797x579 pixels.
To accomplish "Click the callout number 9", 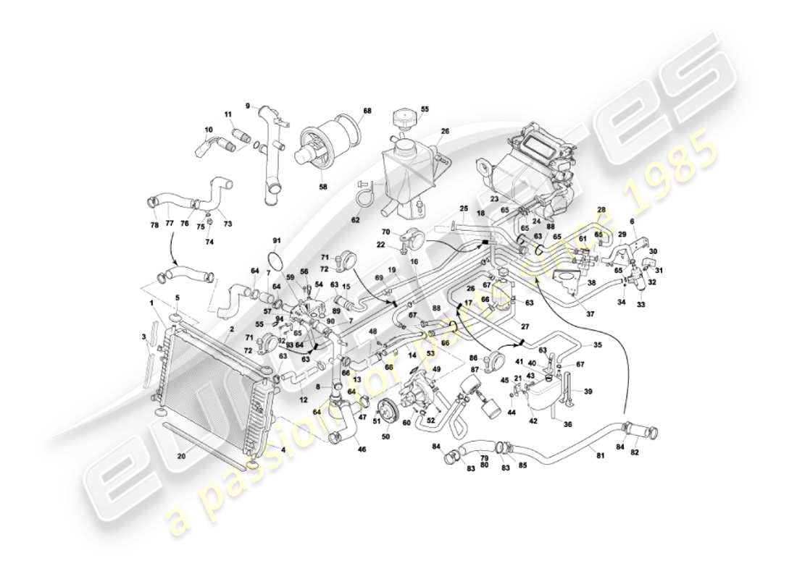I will (247, 106).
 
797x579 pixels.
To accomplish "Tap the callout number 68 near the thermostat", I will (367, 111).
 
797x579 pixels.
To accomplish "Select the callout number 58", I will (323, 186).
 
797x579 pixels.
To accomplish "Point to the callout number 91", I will (276, 240).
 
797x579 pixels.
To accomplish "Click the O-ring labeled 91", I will (275, 259).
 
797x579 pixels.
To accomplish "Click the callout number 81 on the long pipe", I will (598, 455).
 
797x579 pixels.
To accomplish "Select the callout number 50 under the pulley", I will (386, 437).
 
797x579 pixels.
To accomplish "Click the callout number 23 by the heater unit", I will (493, 198).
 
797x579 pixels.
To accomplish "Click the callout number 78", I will (153, 225).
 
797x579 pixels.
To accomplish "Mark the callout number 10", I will (209, 130).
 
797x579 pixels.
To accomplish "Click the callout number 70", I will (385, 232).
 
